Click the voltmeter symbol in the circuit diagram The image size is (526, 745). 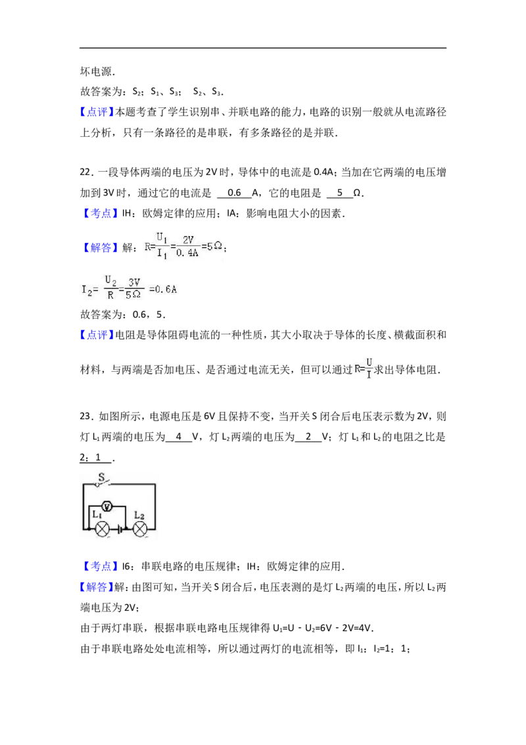pos(107,507)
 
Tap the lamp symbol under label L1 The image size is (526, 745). pos(103,529)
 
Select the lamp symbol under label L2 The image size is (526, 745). pos(140,529)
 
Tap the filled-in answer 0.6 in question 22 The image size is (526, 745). pos(234,193)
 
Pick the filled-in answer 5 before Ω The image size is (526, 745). pos(339,193)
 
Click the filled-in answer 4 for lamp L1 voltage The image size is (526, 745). pos(178,436)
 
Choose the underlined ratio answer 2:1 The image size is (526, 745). pos(91,457)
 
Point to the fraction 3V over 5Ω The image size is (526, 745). pos(133,289)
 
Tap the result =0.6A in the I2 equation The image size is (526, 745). pos(163,290)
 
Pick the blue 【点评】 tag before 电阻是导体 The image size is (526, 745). pos(97,335)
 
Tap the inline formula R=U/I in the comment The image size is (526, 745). pos(364,369)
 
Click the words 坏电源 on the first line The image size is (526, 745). pos(97,71)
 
